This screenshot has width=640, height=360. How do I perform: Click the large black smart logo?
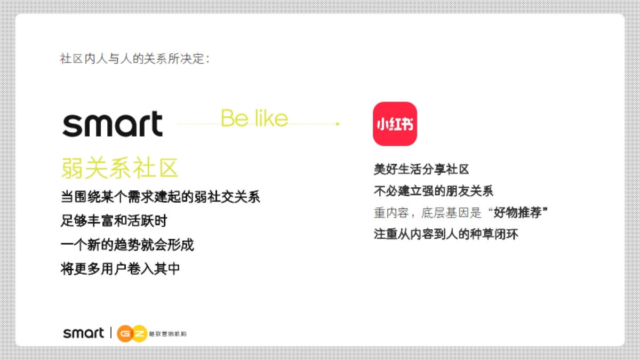tap(113, 124)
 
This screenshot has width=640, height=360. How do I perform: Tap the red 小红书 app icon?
tap(395, 124)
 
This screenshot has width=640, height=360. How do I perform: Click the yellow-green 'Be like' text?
tap(254, 118)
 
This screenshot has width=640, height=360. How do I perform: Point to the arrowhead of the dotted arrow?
tap(338, 124)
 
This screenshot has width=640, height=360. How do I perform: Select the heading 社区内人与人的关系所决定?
tap(134, 59)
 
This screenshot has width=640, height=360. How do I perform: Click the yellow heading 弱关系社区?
tap(119, 169)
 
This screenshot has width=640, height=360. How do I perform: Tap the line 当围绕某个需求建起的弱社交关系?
tap(160, 197)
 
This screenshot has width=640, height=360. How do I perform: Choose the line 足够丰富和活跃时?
tap(118, 221)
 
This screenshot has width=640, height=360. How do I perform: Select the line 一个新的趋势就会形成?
tap(127, 245)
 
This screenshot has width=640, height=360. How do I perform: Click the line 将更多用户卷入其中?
tap(121, 269)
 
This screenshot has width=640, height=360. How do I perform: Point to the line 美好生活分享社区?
tap(421, 170)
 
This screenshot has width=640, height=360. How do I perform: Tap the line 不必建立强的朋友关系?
tap(434, 191)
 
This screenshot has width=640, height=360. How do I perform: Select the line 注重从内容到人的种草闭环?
tap(446, 234)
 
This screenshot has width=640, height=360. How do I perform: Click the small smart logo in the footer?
tap(84, 333)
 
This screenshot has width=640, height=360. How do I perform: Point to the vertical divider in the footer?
tap(110, 333)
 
